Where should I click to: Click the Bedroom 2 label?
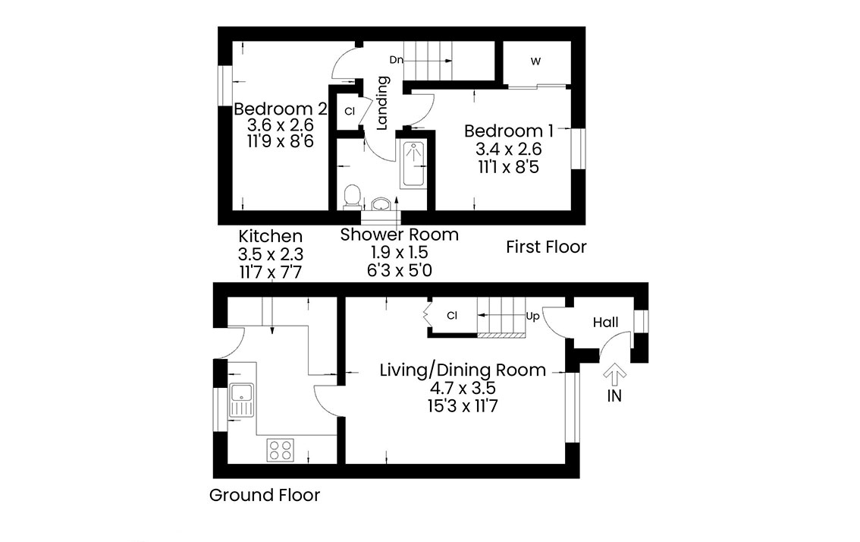click(281, 109)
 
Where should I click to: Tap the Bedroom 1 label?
click(508, 131)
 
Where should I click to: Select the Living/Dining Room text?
click(463, 370)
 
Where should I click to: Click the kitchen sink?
click(242, 399)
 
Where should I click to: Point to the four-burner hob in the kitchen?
click(281, 450)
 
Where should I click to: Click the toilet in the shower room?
click(352, 197)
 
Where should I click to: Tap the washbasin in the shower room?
click(381, 204)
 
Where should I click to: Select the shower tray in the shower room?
click(413, 165)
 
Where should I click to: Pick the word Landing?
click(381, 102)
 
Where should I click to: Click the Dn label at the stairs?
click(396, 60)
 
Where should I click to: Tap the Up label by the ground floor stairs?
click(532, 317)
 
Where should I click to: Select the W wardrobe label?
click(536, 61)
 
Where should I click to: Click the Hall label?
click(605, 323)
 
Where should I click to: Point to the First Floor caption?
click(546, 247)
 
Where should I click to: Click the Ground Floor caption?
click(265, 496)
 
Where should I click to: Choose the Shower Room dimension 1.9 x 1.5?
click(399, 252)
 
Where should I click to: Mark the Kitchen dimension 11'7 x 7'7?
click(271, 273)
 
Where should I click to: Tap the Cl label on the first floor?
click(350, 111)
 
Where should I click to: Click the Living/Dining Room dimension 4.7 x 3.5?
click(463, 389)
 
